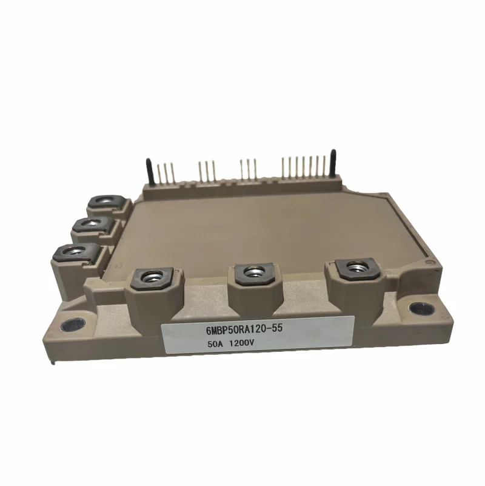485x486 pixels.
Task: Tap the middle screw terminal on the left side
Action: [90, 226]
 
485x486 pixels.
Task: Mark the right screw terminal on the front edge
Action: [353, 266]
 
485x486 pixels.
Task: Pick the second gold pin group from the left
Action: [206, 170]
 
